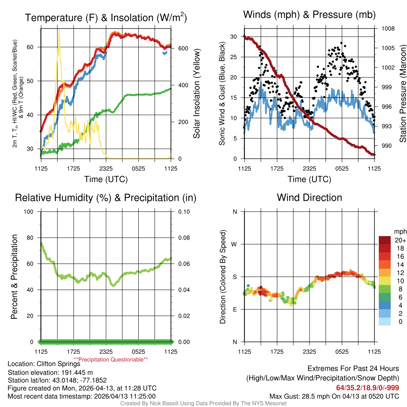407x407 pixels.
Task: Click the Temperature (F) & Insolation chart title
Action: [x=106, y=18]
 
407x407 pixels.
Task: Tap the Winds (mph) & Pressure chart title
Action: [x=309, y=15]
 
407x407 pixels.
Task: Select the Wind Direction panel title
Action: [x=309, y=198]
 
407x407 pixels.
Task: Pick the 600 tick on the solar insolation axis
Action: [x=183, y=48]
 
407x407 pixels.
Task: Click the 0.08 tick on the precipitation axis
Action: [x=184, y=238]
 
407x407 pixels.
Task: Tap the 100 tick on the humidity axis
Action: [x=29, y=211]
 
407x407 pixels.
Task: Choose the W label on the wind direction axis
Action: [x=235, y=244]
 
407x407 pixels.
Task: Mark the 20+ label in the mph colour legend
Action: [x=400, y=240]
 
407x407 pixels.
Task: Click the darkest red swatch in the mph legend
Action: [x=384, y=240]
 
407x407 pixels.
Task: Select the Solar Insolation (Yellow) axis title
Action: [x=196, y=93]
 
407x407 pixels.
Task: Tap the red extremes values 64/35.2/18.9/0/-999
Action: [x=368, y=388]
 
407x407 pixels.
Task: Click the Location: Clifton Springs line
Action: [x=44, y=363]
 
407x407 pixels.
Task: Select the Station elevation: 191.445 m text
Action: [x=50, y=372]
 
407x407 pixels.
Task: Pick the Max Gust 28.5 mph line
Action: [x=334, y=396]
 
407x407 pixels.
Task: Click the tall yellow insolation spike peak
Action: [x=59, y=29]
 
